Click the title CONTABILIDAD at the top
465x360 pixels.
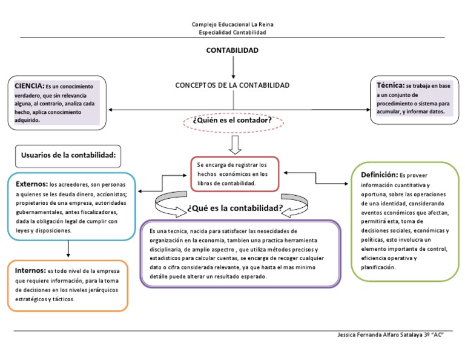[x=232, y=50]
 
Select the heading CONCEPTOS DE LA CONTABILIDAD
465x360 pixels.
[x=232, y=85]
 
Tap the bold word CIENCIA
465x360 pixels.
[x=29, y=86]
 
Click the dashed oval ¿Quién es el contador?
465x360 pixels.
[x=232, y=122]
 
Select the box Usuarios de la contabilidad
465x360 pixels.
[x=68, y=156]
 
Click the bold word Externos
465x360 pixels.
[x=31, y=184]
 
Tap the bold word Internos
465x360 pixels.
[x=30, y=270]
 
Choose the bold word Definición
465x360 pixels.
[x=379, y=175]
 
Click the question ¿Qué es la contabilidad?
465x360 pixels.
[x=235, y=208]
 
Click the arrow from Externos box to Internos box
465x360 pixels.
[x=68, y=248]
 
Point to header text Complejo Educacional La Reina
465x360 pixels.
[x=232, y=24]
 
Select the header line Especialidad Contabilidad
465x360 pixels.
[x=232, y=32]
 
